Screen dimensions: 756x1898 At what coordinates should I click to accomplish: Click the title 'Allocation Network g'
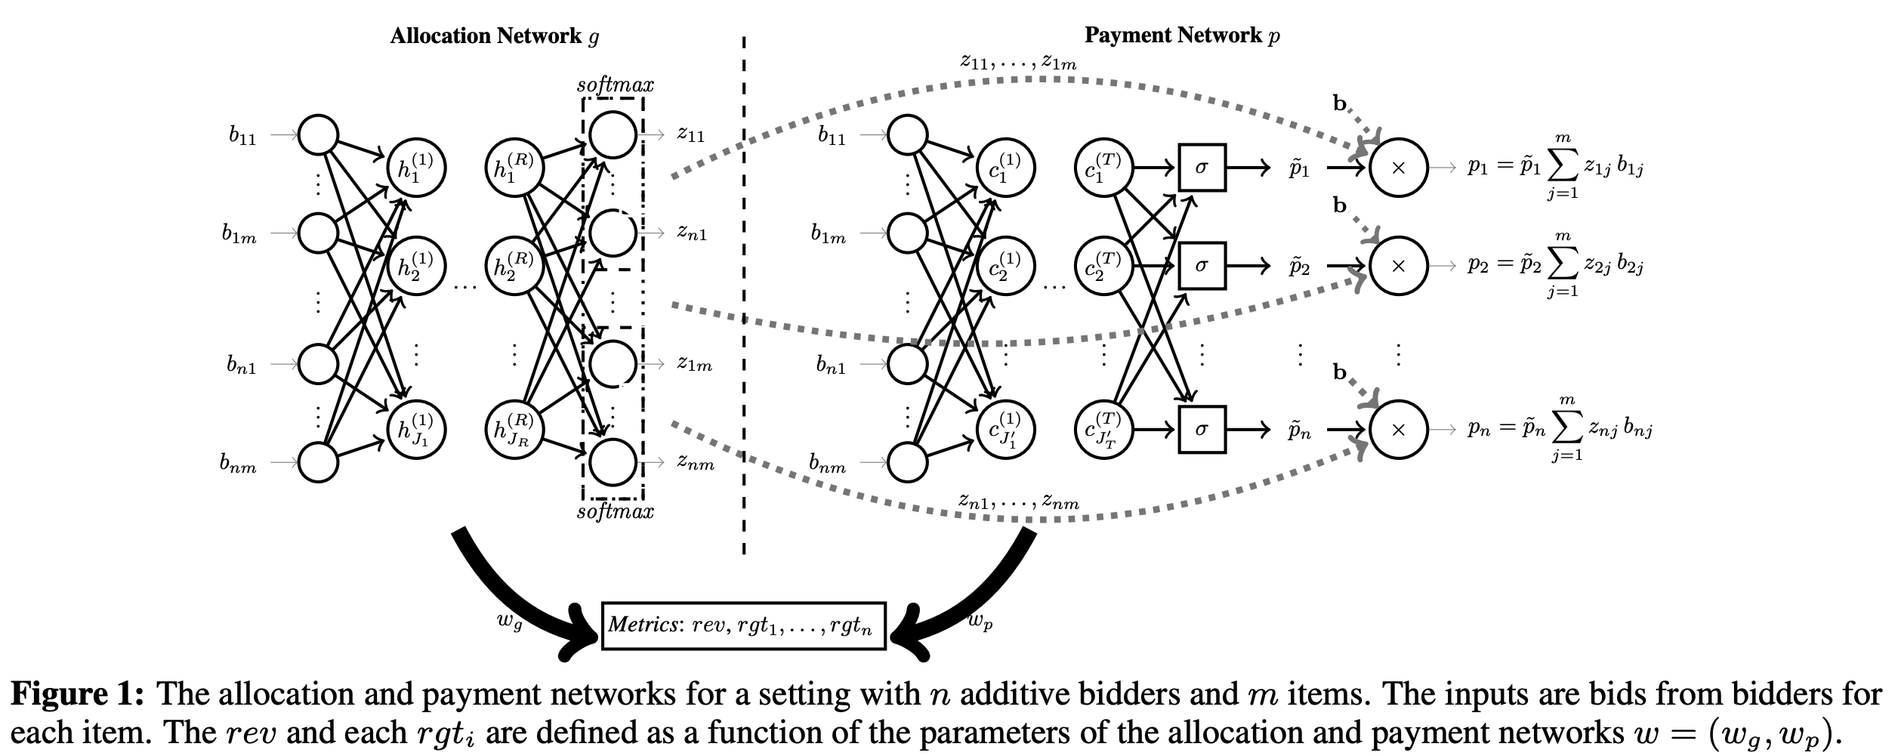(494, 35)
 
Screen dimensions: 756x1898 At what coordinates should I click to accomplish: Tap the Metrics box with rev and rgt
(743, 625)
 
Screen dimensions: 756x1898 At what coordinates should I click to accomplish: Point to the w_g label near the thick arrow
(510, 622)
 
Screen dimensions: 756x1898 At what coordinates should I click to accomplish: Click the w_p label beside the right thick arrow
(980, 621)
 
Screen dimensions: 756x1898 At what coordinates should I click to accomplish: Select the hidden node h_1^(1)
(415, 168)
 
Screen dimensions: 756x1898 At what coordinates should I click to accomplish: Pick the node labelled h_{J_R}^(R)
(514, 430)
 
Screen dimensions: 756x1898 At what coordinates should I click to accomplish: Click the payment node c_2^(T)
(1103, 266)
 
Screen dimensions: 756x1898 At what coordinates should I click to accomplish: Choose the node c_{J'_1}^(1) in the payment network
(1005, 430)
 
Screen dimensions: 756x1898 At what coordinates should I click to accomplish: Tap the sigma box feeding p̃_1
(1202, 168)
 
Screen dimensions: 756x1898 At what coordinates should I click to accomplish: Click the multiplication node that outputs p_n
(1398, 430)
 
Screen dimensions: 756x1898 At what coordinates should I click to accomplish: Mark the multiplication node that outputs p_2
(1398, 266)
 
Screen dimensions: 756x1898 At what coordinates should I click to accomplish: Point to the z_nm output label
(696, 463)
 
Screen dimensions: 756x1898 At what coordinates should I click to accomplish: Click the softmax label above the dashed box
(615, 85)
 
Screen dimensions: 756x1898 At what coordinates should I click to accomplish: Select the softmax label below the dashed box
(615, 512)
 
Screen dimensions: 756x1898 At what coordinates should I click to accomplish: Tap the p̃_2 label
(1299, 267)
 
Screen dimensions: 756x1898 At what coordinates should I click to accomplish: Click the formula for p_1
(1556, 168)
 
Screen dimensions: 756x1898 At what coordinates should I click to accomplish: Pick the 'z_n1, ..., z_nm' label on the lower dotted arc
(1018, 501)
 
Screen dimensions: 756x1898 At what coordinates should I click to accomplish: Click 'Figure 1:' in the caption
(77, 694)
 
